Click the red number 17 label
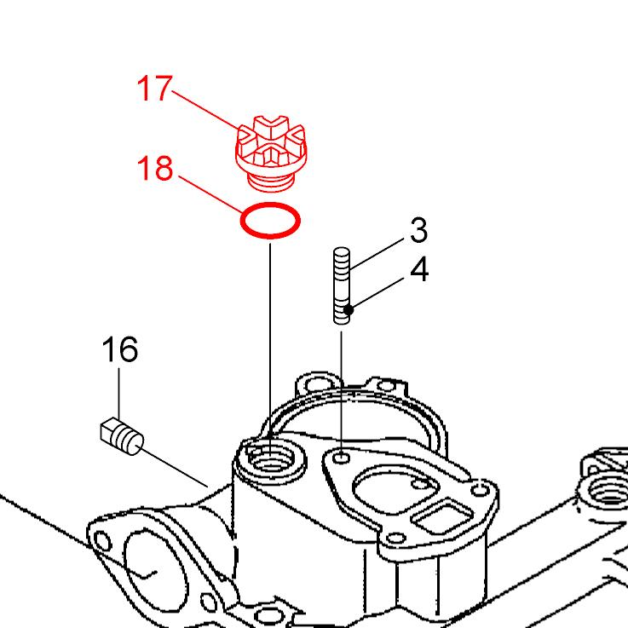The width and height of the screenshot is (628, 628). (x=154, y=88)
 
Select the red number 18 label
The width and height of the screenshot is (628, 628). (x=155, y=168)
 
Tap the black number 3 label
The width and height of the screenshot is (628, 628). (x=419, y=230)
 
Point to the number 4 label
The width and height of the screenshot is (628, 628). (x=419, y=269)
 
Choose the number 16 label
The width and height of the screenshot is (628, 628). (x=120, y=349)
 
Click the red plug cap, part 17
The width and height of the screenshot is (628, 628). (x=271, y=153)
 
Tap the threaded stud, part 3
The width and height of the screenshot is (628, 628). (x=341, y=285)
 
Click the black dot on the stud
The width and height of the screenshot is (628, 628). (x=349, y=309)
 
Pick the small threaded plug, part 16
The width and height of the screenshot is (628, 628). (x=122, y=437)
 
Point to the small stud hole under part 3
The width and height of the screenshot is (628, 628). (x=341, y=458)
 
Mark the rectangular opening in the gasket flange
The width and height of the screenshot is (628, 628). (x=442, y=516)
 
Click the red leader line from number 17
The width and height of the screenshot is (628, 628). (x=206, y=110)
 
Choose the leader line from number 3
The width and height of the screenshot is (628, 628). (x=377, y=253)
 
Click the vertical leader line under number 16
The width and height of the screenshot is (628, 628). (x=118, y=394)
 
